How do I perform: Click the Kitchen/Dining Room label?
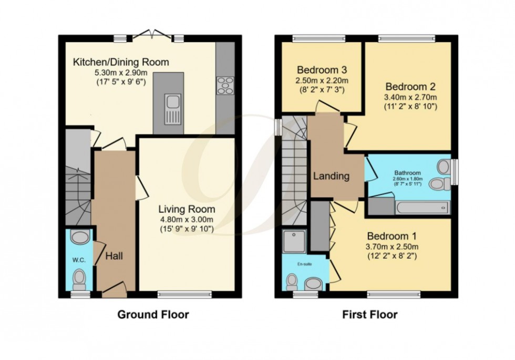click(121, 63)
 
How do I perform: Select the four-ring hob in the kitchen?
click(225, 85)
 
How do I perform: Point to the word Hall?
click(114, 256)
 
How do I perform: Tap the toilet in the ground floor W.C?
click(79, 279)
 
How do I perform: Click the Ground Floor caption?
click(152, 315)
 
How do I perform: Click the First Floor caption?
click(370, 315)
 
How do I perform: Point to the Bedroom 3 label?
click(322, 70)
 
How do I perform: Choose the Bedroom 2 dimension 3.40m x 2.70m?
click(411, 97)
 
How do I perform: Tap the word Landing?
click(332, 176)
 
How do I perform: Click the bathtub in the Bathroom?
click(423, 208)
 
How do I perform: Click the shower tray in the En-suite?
click(294, 241)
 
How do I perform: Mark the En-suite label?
click(304, 264)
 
